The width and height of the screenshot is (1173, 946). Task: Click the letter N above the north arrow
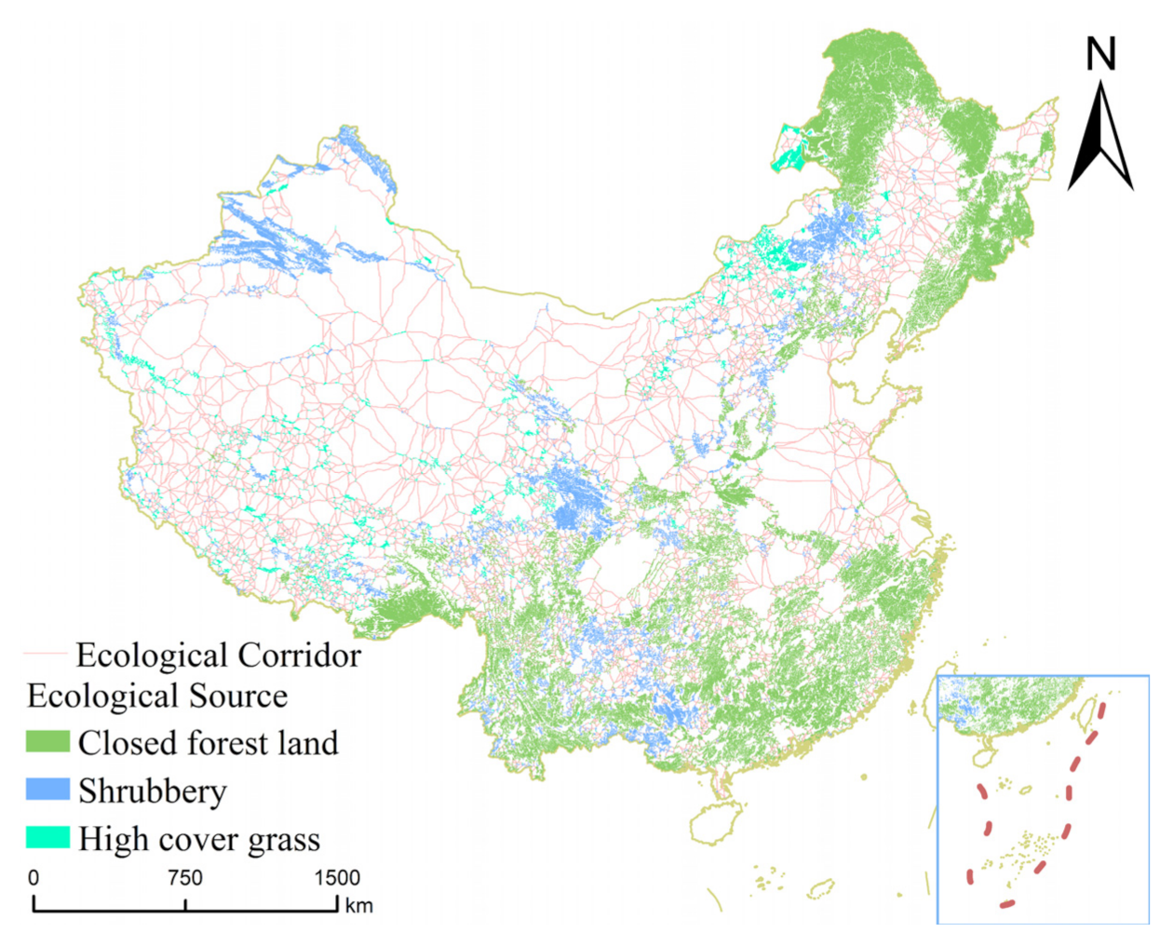pos(1100,55)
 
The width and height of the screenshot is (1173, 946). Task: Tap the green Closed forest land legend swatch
pos(47,742)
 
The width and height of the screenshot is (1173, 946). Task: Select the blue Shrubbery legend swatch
pos(47,790)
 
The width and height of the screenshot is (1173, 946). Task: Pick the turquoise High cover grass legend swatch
pos(47,837)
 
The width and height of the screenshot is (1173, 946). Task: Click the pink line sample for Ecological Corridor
pos(45,655)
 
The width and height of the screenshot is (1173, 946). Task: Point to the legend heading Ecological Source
pos(156,696)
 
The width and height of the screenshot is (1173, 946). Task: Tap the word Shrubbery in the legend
pos(153,791)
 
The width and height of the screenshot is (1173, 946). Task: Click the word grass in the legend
pos(284,840)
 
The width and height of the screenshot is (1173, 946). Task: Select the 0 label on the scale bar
pos(34,877)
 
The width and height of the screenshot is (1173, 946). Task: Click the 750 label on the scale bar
pos(184,877)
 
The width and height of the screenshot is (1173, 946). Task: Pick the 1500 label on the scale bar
pos(336,877)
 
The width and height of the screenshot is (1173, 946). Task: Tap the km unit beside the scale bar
pos(358,905)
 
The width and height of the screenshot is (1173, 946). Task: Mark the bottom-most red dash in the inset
pos(1007,903)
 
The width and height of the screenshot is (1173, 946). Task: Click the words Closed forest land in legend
pos(208,743)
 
